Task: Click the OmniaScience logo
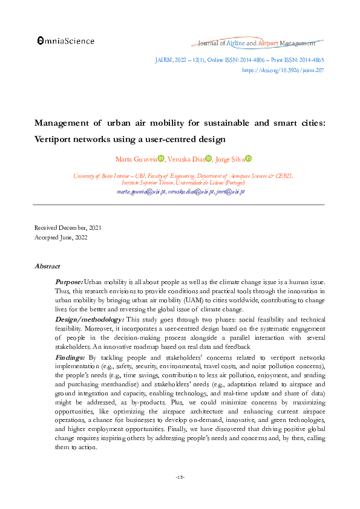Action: [x=65, y=41]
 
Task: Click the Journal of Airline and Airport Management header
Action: [x=257, y=44]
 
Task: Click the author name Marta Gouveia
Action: [x=136, y=158]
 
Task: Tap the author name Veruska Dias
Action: [x=186, y=158]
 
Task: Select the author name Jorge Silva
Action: [x=229, y=158]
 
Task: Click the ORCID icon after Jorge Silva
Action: [x=248, y=158]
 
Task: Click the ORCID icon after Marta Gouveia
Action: [x=161, y=158]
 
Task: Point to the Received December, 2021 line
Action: [x=68, y=227]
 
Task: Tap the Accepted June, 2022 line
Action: [x=61, y=238]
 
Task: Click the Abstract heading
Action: [x=47, y=266]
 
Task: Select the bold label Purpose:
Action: [x=68, y=282]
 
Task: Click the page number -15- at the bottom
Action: [x=180, y=478]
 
